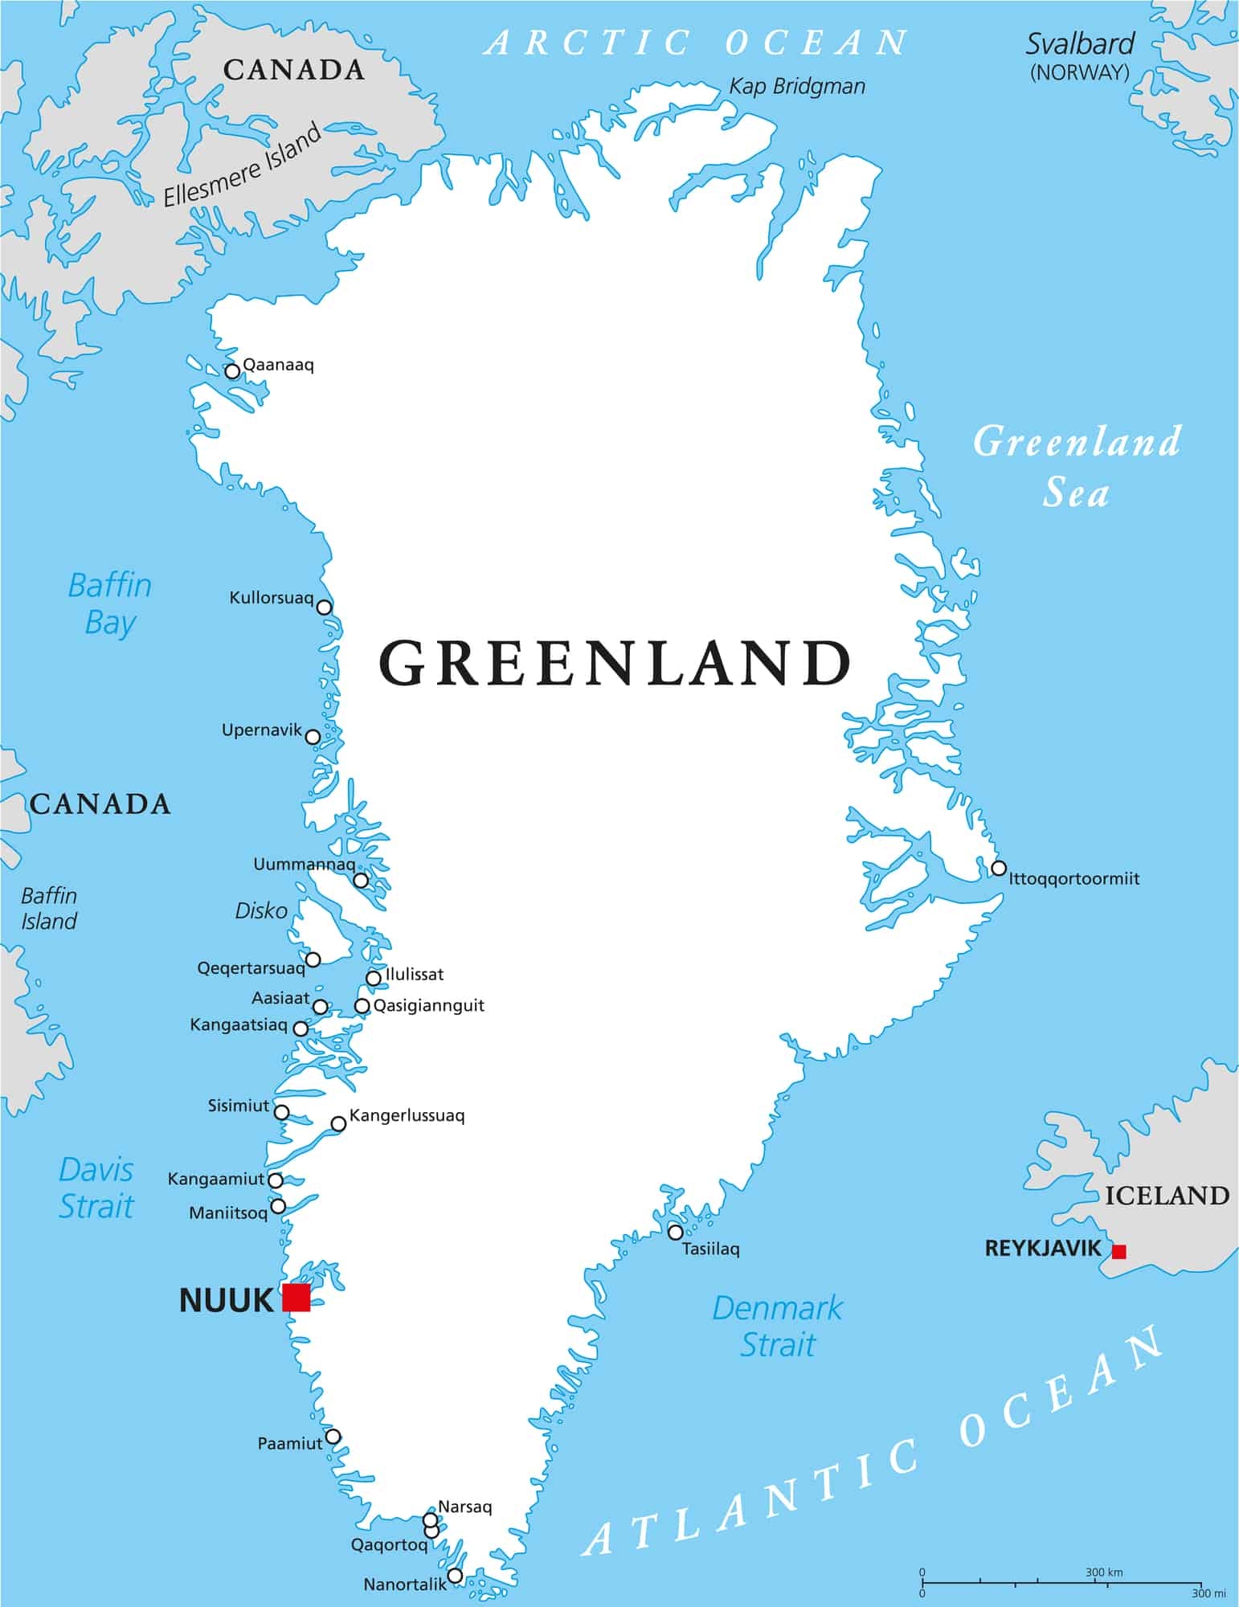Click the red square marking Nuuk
pyautogui.click(x=296, y=1297)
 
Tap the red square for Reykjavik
pyautogui.click(x=1118, y=1251)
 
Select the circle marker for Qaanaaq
pyautogui.click(x=232, y=371)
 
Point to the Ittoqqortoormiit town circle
pyautogui.click(x=998, y=868)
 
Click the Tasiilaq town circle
pyautogui.click(x=675, y=1232)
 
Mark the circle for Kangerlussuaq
pyautogui.click(x=338, y=1123)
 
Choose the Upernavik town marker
pyautogui.click(x=313, y=737)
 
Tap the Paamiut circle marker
pyautogui.click(x=332, y=1436)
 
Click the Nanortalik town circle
pyautogui.click(x=455, y=1575)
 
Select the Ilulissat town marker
pyautogui.click(x=373, y=978)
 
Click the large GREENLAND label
pyautogui.click(x=615, y=664)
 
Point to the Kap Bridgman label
pyautogui.click(x=796, y=87)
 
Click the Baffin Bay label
pyautogui.click(x=110, y=603)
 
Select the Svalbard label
pyautogui.click(x=1079, y=44)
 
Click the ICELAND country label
pyautogui.click(x=1167, y=1196)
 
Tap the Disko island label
pyautogui.click(x=261, y=910)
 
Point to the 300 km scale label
pyautogui.click(x=1104, y=1572)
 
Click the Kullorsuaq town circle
pyautogui.click(x=324, y=607)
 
